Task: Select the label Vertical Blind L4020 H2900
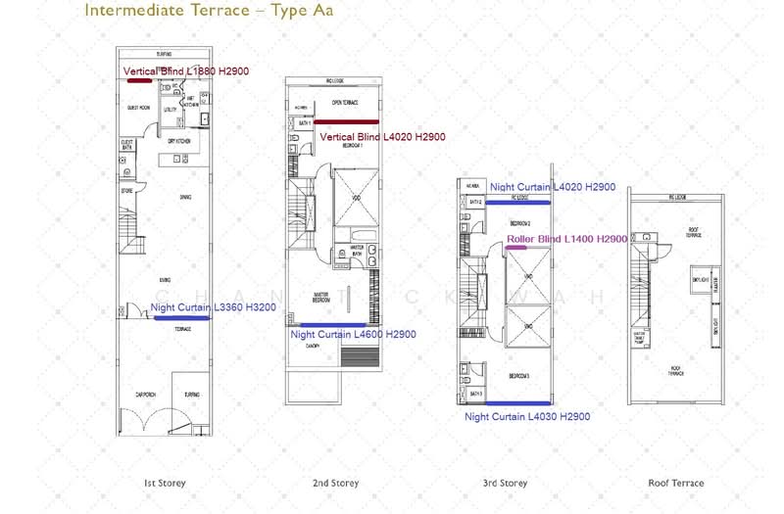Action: click(x=382, y=137)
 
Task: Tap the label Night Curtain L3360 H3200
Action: click(x=214, y=307)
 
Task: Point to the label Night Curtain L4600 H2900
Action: click(x=353, y=335)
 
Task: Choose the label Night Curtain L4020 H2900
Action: click(x=553, y=187)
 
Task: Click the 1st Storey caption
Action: click(x=165, y=483)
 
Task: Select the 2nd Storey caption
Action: click(x=336, y=483)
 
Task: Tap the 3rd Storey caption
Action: click(x=506, y=483)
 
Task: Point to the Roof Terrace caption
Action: click(x=676, y=483)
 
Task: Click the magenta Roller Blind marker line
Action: click(x=516, y=248)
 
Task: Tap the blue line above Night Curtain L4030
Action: click(x=517, y=403)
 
